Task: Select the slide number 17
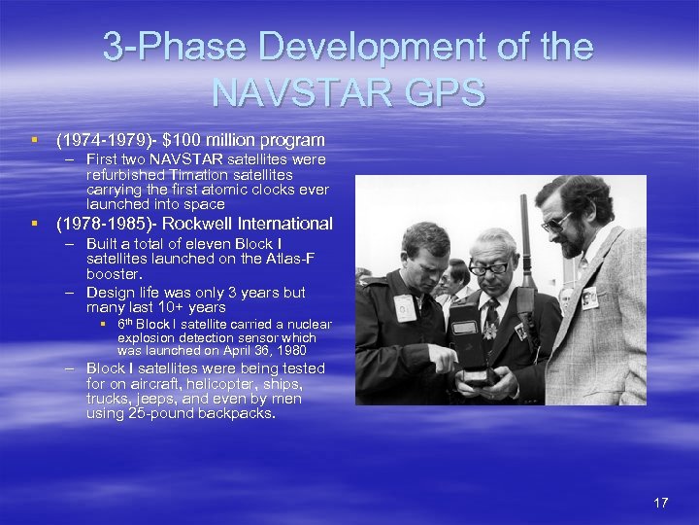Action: click(661, 503)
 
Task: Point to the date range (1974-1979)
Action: click(102, 140)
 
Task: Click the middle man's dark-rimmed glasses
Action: click(490, 266)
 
